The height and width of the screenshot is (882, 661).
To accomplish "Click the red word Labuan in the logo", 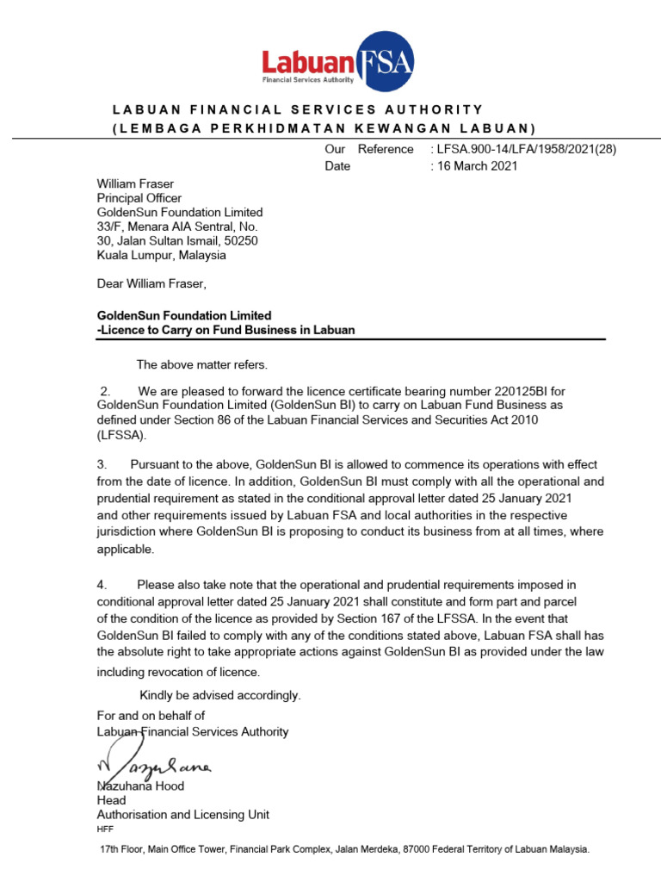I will [x=307, y=63].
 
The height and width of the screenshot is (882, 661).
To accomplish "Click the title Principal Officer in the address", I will [x=139, y=198].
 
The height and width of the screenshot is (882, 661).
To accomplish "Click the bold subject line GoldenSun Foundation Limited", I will [x=184, y=315].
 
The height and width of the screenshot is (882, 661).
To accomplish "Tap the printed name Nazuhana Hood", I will [x=140, y=786].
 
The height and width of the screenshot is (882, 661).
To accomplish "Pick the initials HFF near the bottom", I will [x=105, y=829].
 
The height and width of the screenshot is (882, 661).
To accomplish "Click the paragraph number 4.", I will [x=101, y=586].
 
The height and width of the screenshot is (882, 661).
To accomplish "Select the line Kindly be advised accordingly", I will [x=220, y=695].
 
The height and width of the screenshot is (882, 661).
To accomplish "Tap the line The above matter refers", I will [x=202, y=364].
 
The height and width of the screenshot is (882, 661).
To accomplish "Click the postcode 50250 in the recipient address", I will [x=240, y=241].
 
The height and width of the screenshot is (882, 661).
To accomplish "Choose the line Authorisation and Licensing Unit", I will [x=182, y=814].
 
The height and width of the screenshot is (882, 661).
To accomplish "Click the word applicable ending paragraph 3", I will [x=125, y=549].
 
